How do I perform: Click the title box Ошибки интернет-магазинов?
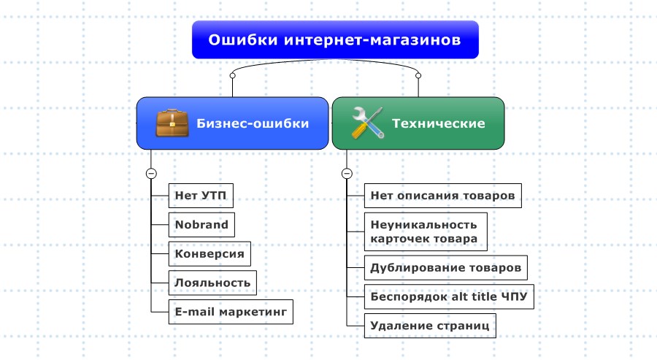point(335,39)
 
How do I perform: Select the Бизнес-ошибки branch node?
point(233,123)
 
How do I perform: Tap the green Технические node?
point(418,123)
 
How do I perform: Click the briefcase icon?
point(173,123)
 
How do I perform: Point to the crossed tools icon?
point(368,123)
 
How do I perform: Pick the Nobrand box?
point(201,224)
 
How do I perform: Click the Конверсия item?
point(210,253)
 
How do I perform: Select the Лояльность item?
point(213,282)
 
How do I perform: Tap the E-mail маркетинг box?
point(231,311)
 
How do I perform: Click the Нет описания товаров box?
point(442,196)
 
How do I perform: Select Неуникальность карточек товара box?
point(424,231)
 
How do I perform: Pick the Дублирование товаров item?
point(445,267)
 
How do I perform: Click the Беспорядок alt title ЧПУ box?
point(449,296)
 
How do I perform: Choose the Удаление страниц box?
point(430,325)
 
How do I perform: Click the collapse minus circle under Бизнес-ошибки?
point(151,174)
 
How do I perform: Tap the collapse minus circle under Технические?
point(347,174)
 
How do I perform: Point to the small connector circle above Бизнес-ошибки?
point(232,75)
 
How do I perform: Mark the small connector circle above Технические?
point(418,75)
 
